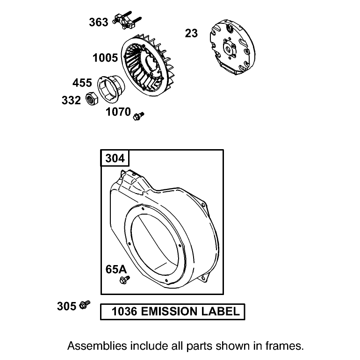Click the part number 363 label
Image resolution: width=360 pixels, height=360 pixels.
99,22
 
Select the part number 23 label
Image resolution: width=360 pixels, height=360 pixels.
191,33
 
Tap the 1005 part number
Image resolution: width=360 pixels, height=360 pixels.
105,58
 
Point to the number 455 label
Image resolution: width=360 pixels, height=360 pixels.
82,83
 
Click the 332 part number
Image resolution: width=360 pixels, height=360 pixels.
71,101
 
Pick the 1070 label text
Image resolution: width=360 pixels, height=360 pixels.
118,112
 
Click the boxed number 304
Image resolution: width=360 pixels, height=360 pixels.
115,158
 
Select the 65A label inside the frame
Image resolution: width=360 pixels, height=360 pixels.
116,269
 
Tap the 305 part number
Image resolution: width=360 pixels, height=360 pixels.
66,306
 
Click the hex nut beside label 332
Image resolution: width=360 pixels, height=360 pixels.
92,99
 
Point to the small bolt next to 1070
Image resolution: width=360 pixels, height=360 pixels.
138,116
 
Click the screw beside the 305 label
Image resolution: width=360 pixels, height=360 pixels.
85,305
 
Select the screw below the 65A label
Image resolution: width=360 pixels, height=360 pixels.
125,280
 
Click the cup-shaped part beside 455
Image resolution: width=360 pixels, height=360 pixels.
111,89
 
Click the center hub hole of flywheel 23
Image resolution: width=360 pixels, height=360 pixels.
229,49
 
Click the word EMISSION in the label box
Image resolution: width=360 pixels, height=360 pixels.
169,311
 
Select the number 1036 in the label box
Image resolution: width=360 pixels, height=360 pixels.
124,311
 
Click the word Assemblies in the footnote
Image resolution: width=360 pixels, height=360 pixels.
97,346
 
